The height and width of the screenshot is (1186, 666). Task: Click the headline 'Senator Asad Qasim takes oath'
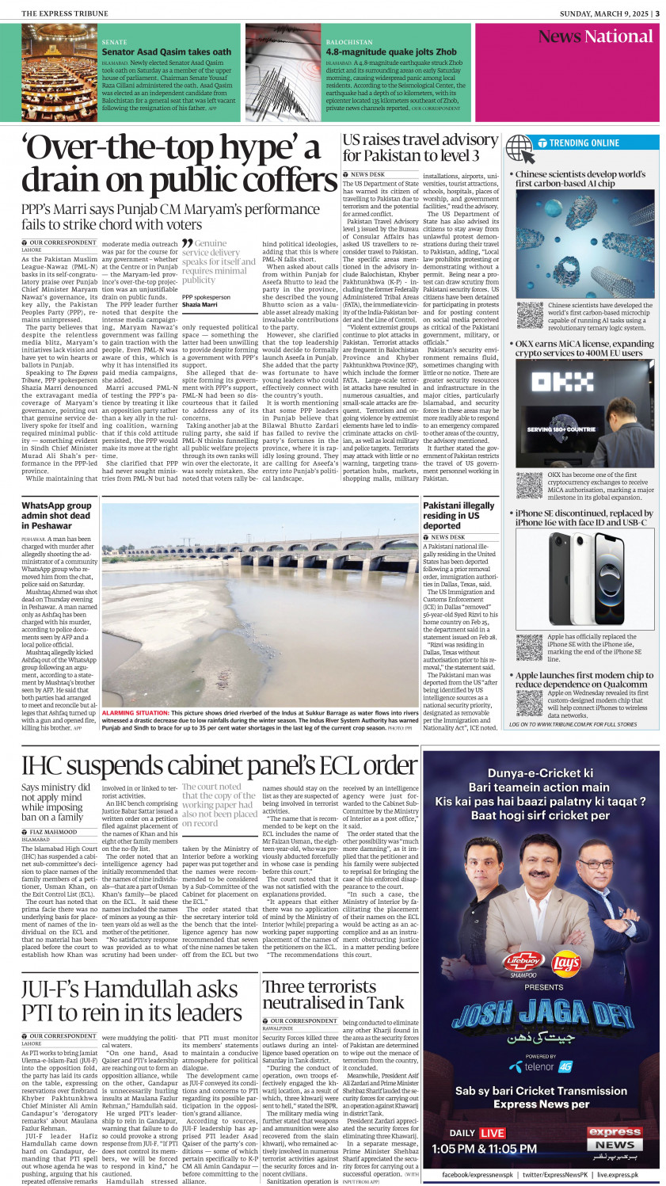click(166, 52)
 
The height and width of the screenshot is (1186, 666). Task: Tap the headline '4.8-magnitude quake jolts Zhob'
click(390, 52)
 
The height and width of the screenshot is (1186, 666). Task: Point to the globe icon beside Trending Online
click(519, 148)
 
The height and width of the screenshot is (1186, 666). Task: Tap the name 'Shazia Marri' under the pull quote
click(200, 304)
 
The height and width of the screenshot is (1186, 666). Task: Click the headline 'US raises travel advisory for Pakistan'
click(420, 147)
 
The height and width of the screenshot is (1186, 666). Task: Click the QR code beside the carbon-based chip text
click(529, 315)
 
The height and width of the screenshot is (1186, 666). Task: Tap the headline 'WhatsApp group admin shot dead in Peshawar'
click(57, 515)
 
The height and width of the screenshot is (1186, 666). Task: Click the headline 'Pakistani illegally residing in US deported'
click(459, 515)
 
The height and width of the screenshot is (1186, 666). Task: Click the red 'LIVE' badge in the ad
click(493, 1133)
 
